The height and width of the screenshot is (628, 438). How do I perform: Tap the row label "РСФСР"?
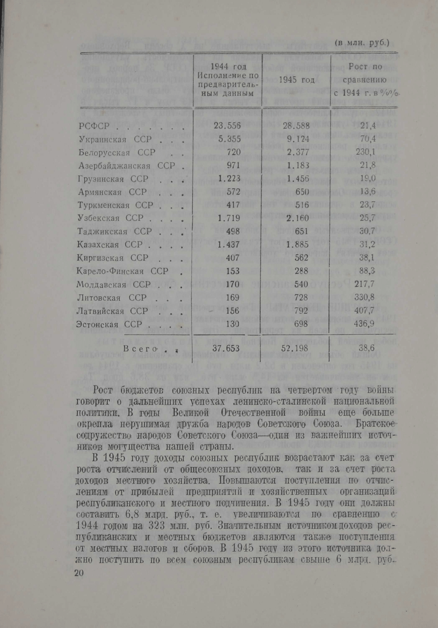click(94, 126)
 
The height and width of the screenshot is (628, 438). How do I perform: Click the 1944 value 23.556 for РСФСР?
click(227, 126)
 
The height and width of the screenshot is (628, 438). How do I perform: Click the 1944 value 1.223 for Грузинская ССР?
click(229, 179)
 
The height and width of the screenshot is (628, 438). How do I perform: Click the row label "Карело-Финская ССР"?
click(122, 271)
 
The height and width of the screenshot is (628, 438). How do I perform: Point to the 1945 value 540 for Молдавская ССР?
click(302, 284)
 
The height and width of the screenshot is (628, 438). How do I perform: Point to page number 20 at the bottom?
click(79, 573)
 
